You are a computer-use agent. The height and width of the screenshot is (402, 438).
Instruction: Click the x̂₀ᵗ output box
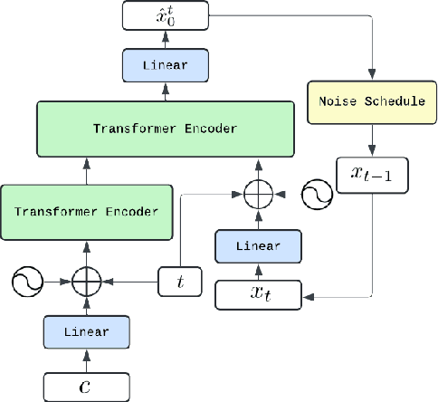point(167,14)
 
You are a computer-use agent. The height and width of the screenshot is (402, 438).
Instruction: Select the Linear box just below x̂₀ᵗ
point(167,64)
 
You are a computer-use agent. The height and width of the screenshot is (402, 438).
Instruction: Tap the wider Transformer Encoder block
point(166,128)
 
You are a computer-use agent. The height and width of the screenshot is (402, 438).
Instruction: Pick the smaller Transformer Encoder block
point(86,211)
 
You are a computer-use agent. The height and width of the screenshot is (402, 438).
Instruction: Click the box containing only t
point(179,282)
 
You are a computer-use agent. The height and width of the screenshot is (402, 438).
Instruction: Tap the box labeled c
point(86,386)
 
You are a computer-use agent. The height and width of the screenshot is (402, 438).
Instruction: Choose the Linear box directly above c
point(86,332)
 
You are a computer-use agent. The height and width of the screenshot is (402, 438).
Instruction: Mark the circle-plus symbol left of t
point(86,282)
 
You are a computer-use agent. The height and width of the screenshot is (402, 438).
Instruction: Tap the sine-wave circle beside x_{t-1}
point(317,196)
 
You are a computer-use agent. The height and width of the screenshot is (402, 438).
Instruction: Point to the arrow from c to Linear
point(86,359)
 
